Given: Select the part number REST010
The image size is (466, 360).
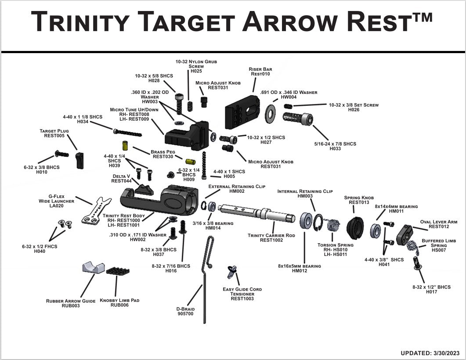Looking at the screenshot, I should click(260, 74).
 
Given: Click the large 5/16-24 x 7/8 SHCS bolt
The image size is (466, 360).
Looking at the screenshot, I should click(299, 119).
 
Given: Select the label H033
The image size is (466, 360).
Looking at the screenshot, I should click(335, 149).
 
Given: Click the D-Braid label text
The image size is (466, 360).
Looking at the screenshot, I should click(185, 309).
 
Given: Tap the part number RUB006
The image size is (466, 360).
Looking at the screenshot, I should click(119, 305).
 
